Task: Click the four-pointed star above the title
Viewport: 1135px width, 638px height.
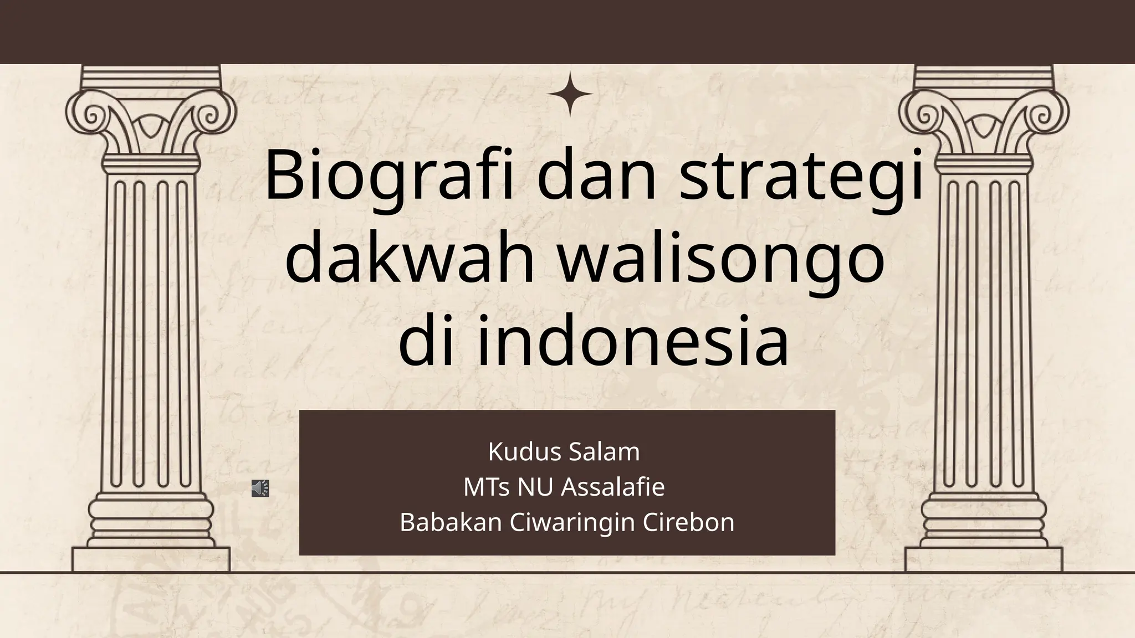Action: (570, 95)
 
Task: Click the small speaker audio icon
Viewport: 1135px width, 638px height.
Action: (260, 488)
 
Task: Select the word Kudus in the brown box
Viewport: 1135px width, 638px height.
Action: (523, 452)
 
